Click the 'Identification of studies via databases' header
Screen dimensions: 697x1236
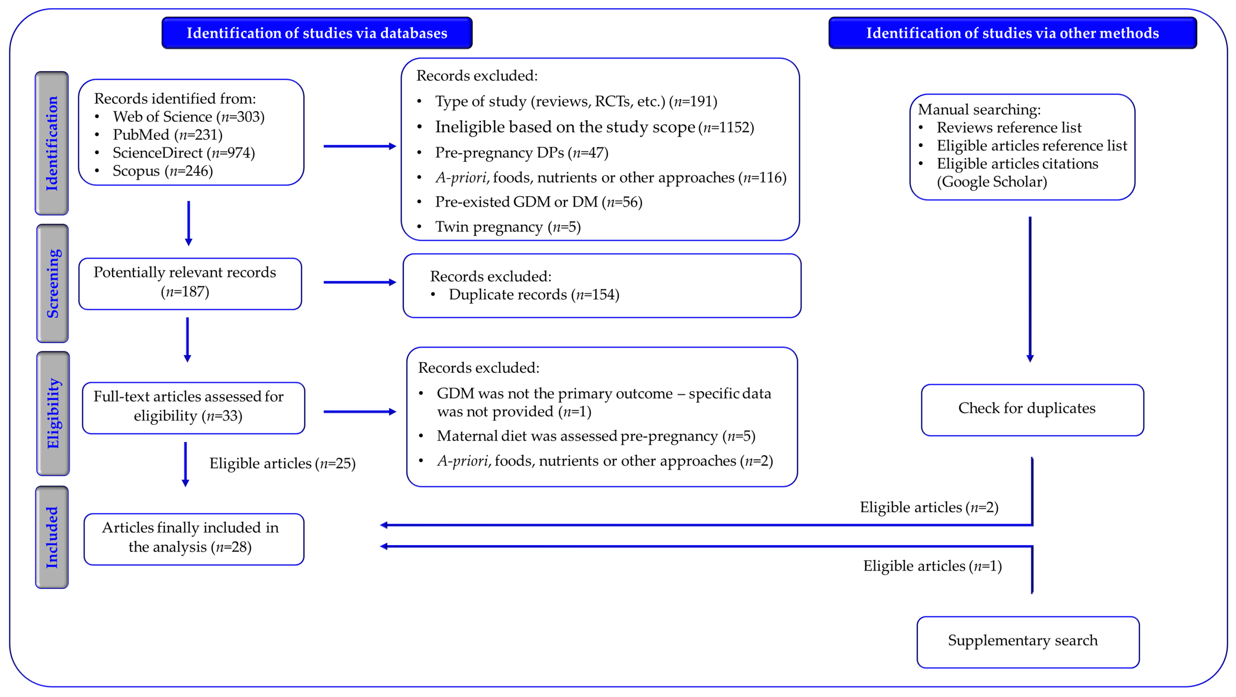coord(317,33)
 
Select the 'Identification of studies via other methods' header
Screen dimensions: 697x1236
coord(1012,33)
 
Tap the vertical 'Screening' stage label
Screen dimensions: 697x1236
coord(53,283)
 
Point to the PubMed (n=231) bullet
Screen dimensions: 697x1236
coord(167,135)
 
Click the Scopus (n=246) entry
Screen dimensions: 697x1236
coord(163,171)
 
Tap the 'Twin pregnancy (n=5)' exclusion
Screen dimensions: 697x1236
coord(508,227)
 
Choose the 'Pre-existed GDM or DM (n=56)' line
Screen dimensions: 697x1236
coord(538,202)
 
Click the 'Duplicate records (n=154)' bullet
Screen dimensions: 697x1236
coord(534,295)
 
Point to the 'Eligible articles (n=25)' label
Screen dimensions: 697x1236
coord(283,464)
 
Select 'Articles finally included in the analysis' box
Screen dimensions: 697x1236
coord(194,539)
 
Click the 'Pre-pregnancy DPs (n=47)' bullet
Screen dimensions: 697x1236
coord(522,153)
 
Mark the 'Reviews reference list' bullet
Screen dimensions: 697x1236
coord(1009,128)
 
